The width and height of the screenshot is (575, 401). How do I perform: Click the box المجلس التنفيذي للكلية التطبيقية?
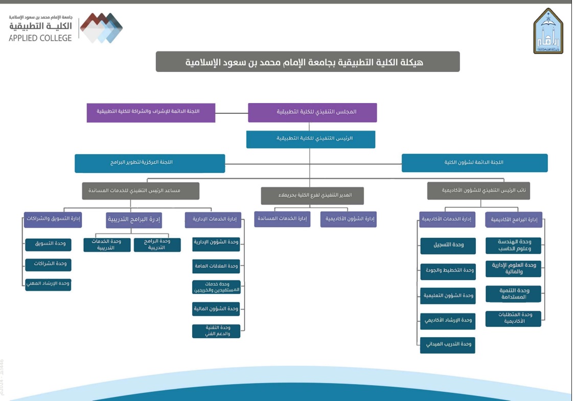[312, 112]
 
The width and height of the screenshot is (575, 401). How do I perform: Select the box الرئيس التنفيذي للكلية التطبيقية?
[311, 139]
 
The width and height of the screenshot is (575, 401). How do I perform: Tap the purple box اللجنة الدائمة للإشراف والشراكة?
[151, 112]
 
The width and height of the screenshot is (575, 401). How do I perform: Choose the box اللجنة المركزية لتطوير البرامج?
[150, 163]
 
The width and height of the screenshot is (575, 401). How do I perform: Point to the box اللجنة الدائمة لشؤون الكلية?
[474, 163]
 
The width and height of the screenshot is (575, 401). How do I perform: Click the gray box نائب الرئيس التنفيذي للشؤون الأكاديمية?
[478, 190]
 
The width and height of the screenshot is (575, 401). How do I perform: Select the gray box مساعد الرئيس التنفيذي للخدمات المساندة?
[141, 191]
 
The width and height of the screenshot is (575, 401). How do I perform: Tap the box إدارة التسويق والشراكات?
[53, 219]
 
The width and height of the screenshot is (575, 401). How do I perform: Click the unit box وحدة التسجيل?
[448, 245]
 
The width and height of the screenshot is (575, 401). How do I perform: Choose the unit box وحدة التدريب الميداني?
[448, 345]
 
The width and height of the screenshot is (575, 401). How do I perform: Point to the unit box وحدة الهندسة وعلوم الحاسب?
[513, 245]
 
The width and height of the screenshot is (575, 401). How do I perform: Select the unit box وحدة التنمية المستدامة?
[513, 294]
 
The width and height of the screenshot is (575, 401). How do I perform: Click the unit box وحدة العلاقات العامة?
[216, 266]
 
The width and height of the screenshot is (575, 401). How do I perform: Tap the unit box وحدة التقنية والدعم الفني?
[216, 331]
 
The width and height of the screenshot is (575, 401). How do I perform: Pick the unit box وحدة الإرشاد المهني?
[49, 284]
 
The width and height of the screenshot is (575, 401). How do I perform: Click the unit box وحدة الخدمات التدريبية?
[107, 244]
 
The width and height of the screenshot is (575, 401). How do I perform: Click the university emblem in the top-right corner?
[548, 31]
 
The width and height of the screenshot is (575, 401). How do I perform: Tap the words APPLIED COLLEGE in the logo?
[40, 38]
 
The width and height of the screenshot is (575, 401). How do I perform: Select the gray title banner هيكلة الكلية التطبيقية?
[308, 62]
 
